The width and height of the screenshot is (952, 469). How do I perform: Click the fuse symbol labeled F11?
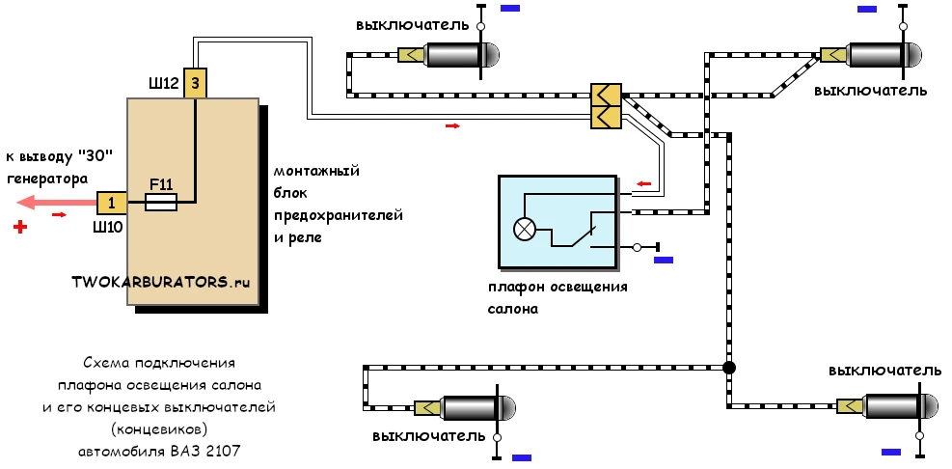[161, 203]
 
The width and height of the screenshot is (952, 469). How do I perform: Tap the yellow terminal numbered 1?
[112, 203]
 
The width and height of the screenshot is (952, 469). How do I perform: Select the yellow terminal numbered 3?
[195, 83]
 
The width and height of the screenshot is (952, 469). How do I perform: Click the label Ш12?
[164, 84]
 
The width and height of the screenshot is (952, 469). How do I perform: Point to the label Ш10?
[107, 227]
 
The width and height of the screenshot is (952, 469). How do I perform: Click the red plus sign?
[20, 227]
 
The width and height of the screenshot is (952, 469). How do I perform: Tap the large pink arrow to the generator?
[57, 203]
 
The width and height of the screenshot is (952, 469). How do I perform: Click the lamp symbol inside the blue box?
[523, 229]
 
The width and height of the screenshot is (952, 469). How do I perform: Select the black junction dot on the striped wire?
[729, 368]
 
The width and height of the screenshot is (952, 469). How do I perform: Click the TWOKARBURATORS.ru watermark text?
[161, 282]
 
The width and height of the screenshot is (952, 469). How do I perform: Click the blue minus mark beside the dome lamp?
[663, 260]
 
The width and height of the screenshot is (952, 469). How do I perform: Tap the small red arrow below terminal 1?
[60, 214]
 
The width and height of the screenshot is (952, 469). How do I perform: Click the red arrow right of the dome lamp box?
[643, 183]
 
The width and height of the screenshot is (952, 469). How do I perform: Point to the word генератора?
[46, 179]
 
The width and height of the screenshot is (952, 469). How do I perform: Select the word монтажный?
[316, 171]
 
